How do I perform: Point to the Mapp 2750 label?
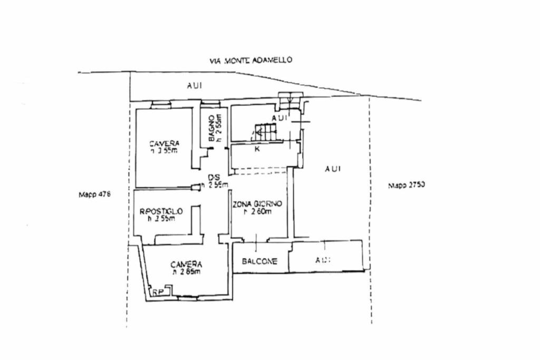tap(406, 185)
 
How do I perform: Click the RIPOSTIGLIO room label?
tap(161, 211)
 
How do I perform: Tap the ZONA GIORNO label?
tap(257, 204)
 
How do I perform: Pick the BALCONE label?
tap(259, 261)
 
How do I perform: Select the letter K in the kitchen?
tap(257, 149)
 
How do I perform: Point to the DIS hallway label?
tap(214, 177)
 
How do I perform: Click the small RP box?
tap(158, 291)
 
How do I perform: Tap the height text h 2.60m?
tap(257, 212)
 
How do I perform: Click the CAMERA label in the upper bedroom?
tap(163, 143)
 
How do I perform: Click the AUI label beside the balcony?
tap(323, 260)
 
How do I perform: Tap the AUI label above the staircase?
tap(280, 118)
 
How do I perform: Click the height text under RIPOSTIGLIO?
tap(161, 219)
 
